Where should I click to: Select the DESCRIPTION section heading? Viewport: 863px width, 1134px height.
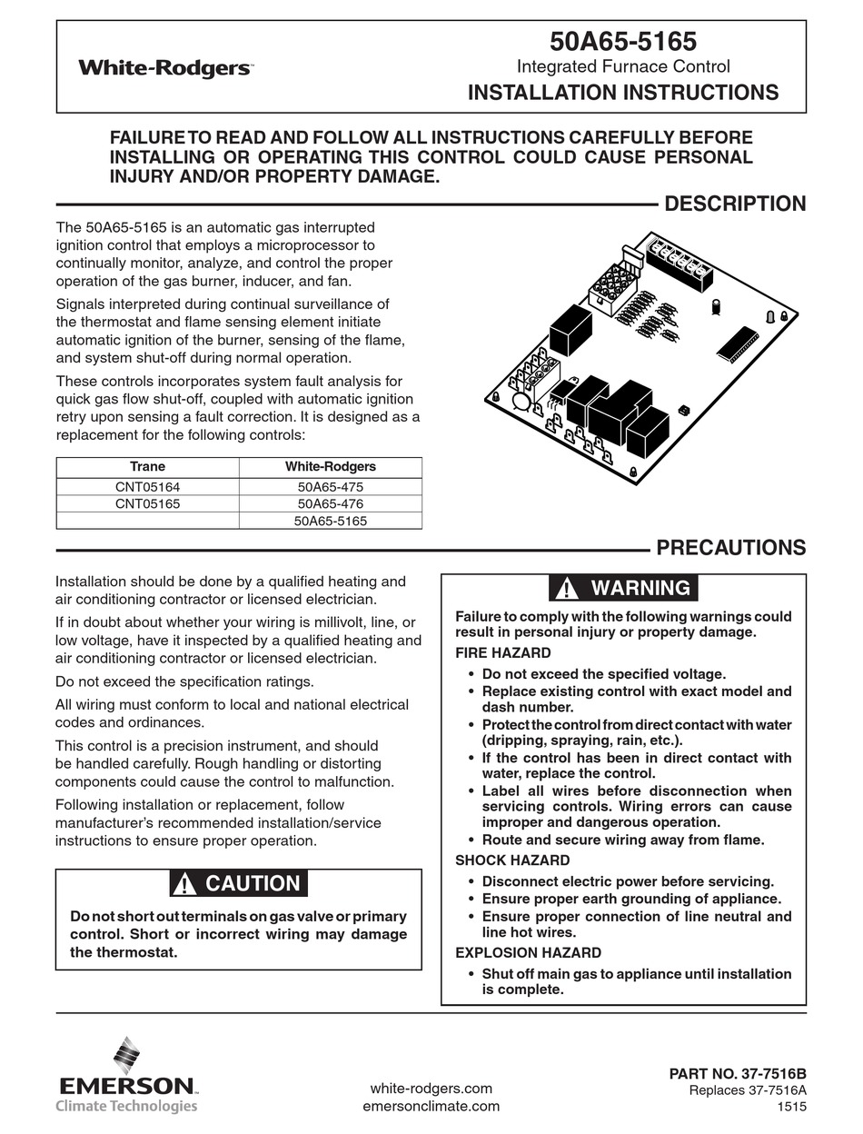pos(735,204)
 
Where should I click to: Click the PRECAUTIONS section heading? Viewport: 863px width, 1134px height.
pos(730,547)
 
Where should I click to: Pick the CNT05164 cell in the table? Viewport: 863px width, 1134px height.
pos(147,487)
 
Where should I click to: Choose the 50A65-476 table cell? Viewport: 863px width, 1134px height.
pos(330,503)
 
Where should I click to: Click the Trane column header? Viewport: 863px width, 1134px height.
pos(147,467)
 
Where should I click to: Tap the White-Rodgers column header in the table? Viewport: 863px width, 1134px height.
pos(330,467)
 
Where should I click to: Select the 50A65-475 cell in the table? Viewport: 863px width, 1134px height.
pos(330,487)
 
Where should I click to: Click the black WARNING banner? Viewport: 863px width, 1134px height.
pos(623,588)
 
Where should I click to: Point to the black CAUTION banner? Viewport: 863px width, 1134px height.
pos(238,883)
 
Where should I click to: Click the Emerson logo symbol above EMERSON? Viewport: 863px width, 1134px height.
pos(126,1056)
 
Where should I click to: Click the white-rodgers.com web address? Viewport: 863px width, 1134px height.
pos(431,1089)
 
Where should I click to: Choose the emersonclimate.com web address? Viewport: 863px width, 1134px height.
pos(431,1106)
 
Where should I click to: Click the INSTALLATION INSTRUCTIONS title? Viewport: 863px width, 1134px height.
pos(622,92)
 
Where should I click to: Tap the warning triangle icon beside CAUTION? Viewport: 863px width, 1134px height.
pos(185,883)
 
